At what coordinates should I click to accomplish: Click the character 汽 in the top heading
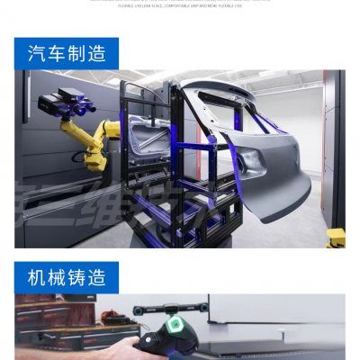point(38,54)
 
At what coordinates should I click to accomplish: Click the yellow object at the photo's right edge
point(336,238)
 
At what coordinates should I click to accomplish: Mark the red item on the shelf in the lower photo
point(110,316)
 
